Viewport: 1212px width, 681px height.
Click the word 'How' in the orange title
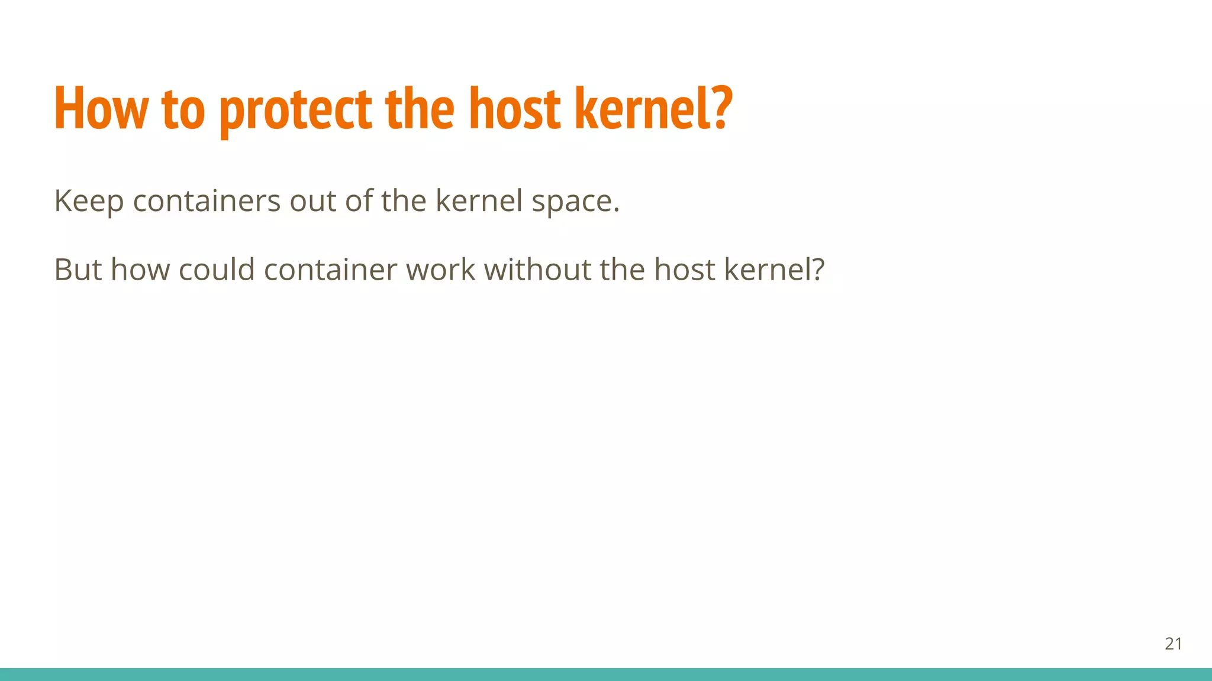coord(100,109)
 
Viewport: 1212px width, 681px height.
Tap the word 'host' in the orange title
coord(514,109)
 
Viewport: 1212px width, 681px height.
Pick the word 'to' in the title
coord(183,110)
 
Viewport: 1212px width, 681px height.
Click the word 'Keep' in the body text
coord(89,201)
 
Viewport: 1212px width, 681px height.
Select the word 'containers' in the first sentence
coord(207,201)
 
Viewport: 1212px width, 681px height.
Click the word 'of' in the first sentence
coord(359,201)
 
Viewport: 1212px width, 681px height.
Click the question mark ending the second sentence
coord(818,270)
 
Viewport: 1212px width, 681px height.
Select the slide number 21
coord(1173,644)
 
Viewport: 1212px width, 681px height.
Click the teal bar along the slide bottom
coord(606,674)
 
